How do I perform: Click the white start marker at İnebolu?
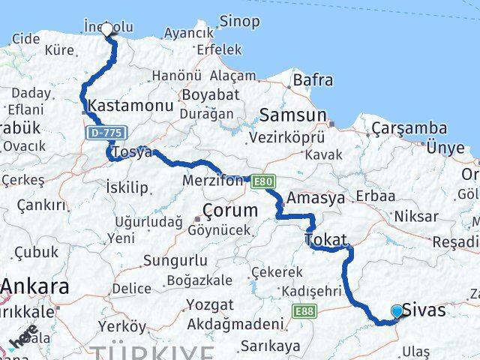(x=106, y=29)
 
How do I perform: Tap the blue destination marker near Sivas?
(x=397, y=310)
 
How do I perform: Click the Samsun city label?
(x=292, y=115)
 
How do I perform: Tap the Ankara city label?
(x=35, y=286)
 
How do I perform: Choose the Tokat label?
(x=326, y=240)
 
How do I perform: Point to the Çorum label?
(x=230, y=210)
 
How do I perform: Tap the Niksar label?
(x=415, y=217)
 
